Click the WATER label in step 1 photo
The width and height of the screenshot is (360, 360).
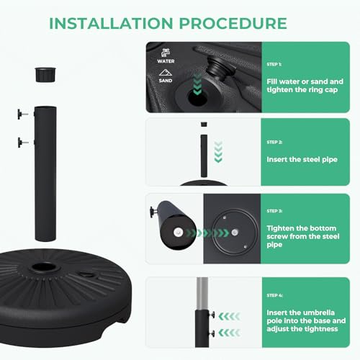pos(166,61)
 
